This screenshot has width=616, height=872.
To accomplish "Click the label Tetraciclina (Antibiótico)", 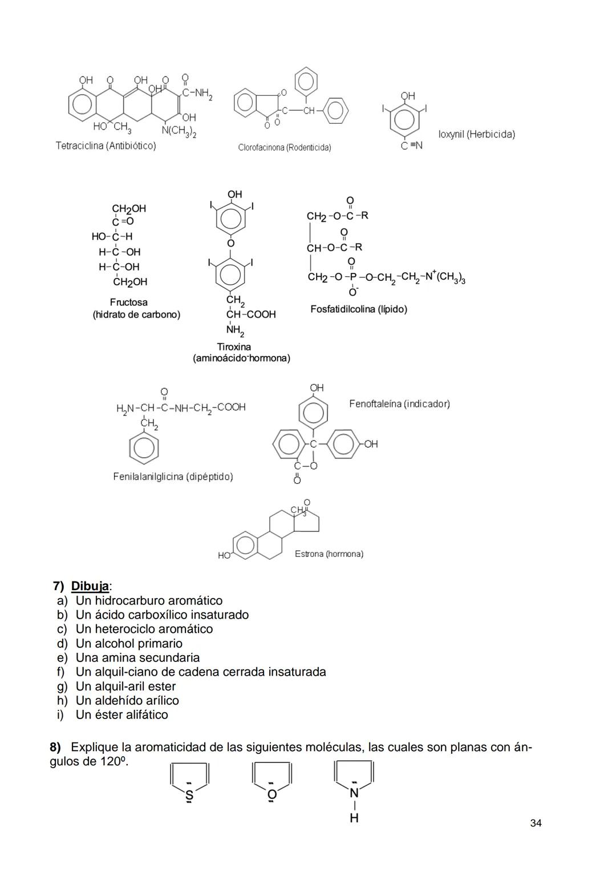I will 106,146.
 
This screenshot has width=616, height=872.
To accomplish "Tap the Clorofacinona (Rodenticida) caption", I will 284,147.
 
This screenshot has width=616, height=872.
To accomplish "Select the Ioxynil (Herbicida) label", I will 476,134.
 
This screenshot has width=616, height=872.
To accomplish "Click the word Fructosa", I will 128,302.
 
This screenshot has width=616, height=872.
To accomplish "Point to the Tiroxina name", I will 234,346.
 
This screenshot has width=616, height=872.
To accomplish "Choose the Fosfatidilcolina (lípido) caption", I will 358,309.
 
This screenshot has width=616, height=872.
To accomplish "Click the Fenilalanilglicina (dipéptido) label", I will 173,477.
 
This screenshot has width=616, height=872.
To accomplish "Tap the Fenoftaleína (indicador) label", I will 399,403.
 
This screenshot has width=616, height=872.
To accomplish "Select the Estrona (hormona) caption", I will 329,554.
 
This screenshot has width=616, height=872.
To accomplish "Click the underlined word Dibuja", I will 90,586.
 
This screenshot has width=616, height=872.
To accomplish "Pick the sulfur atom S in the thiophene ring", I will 189,795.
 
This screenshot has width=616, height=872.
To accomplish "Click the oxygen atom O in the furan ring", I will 272,794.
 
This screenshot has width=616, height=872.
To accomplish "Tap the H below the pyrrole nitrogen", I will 354,818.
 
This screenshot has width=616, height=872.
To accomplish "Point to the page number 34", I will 536,823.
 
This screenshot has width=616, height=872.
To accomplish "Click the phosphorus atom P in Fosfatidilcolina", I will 352,277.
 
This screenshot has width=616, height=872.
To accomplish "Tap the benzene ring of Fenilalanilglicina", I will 144,447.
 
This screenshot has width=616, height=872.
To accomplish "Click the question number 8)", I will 55,747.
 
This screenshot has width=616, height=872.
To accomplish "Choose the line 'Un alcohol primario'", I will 129,643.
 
